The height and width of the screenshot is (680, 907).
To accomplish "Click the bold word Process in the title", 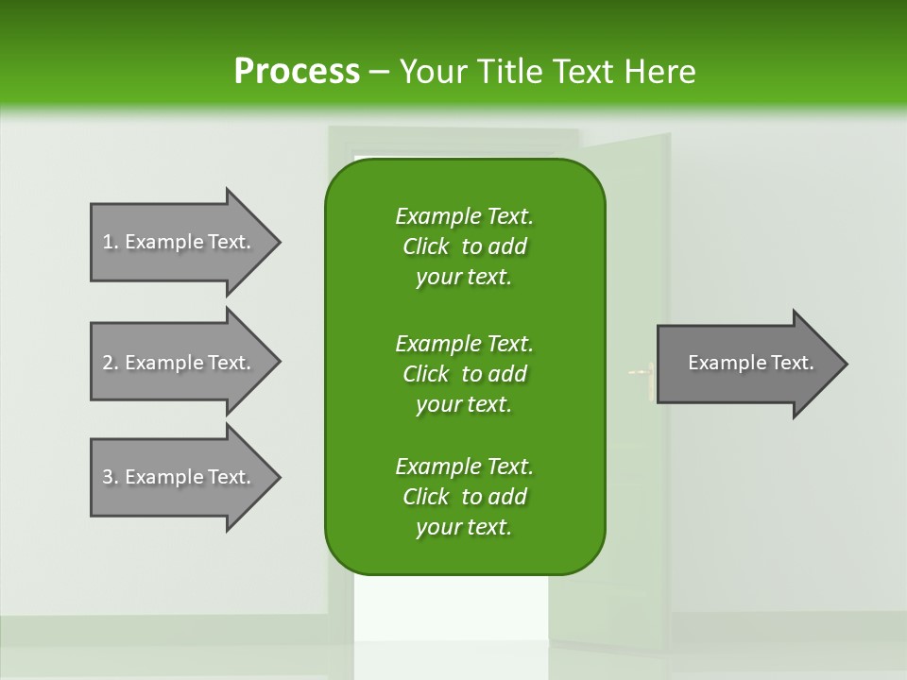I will [x=297, y=71].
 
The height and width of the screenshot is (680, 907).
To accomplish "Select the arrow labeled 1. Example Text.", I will [x=180, y=243].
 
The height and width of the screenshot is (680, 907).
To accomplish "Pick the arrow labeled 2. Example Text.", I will [x=180, y=363].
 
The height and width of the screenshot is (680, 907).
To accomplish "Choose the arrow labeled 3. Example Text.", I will [x=180, y=477].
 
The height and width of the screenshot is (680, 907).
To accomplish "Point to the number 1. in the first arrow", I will [x=111, y=243].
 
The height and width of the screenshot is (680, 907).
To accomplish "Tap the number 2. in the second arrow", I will [x=111, y=363].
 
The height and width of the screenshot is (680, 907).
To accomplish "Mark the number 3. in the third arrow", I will [x=111, y=477].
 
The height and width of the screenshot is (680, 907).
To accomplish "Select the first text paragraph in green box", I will [x=464, y=246].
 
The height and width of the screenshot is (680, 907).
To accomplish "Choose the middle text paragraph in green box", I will [x=464, y=373].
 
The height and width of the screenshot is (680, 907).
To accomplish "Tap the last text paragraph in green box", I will [x=464, y=497].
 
